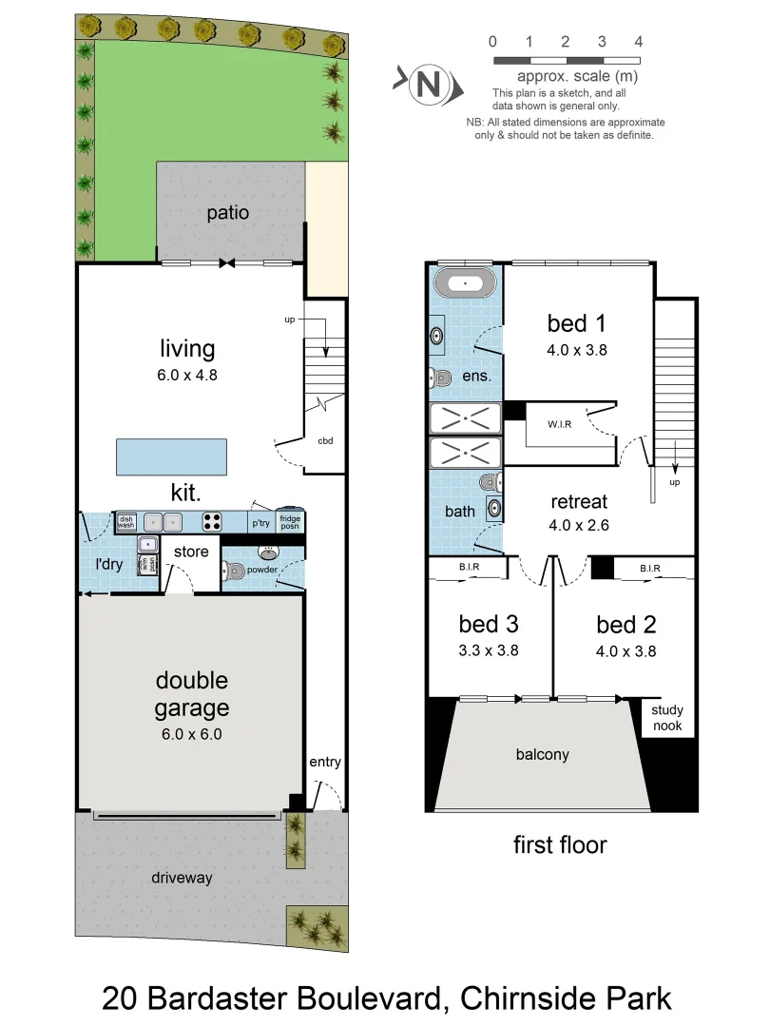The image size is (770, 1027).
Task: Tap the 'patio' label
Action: point(228,212)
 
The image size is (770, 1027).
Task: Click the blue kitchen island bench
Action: point(172,456)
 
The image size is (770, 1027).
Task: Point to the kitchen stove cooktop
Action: point(212,521)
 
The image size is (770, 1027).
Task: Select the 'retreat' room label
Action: point(578,501)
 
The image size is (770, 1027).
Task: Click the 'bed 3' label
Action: point(489,625)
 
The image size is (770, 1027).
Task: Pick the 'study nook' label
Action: point(666,718)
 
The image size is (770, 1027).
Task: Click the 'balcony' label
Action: point(543,754)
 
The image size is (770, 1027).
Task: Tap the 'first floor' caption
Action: point(560,844)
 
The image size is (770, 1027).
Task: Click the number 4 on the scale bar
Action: point(639,42)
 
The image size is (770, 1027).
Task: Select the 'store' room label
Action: point(190,552)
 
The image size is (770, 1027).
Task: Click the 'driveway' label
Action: point(182,878)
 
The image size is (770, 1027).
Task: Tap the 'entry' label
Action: point(324,762)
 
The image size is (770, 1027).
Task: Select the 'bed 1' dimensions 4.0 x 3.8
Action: point(577,349)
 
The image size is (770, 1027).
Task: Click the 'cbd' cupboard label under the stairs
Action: point(326,441)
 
